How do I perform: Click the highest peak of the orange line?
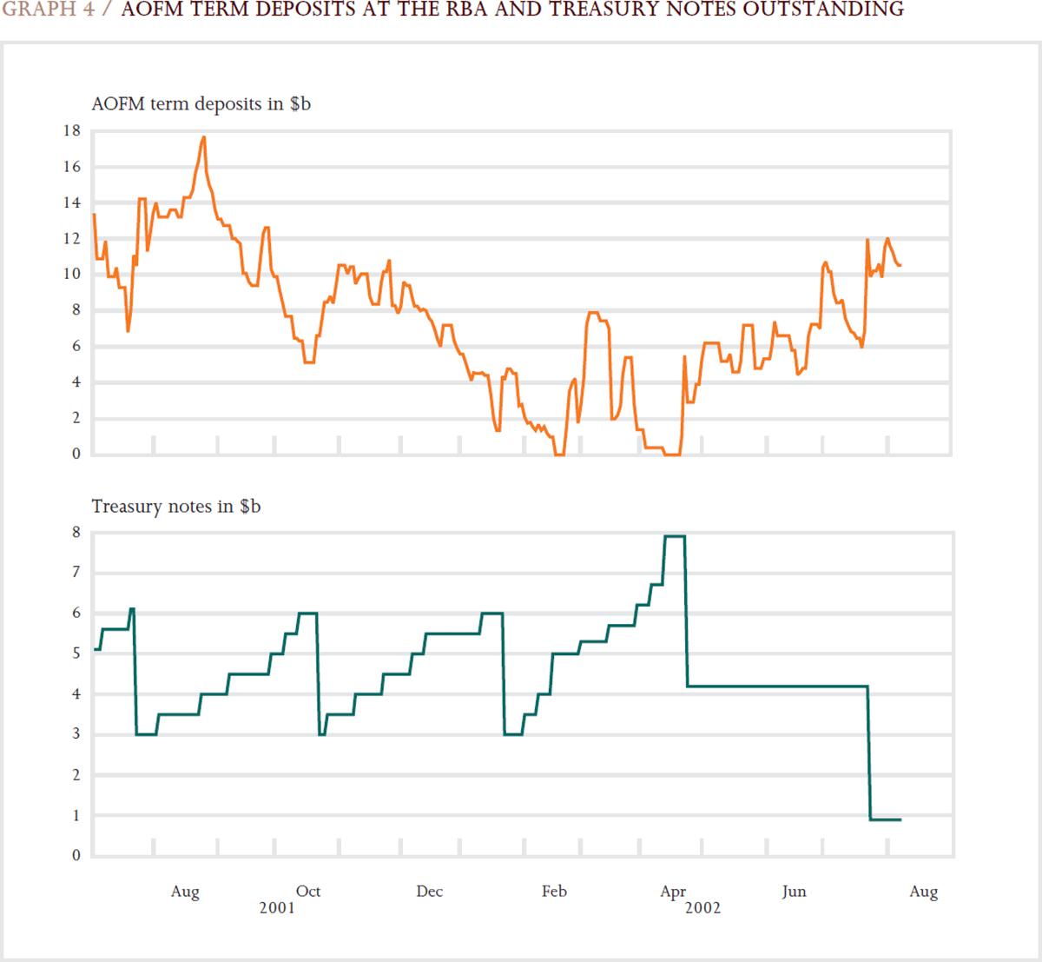(204, 137)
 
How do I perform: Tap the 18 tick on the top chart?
(71, 130)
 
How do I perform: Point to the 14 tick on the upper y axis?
(71, 202)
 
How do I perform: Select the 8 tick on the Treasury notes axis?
(76, 532)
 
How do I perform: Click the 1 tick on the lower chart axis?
(76, 815)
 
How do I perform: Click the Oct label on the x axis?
(308, 891)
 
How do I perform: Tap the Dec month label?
(429, 891)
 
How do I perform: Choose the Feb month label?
(554, 891)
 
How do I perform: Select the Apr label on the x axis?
(673, 892)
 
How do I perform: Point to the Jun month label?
(794, 891)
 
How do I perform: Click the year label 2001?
(277, 908)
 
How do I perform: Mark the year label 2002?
(702, 908)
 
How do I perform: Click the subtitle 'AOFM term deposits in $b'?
(201, 104)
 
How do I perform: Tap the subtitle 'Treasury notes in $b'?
(175, 507)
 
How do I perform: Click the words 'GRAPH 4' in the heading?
(48, 10)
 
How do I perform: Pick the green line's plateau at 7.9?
(675, 536)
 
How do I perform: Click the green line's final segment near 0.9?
(886, 819)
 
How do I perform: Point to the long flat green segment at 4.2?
(777, 687)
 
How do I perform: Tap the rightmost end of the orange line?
(900, 265)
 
